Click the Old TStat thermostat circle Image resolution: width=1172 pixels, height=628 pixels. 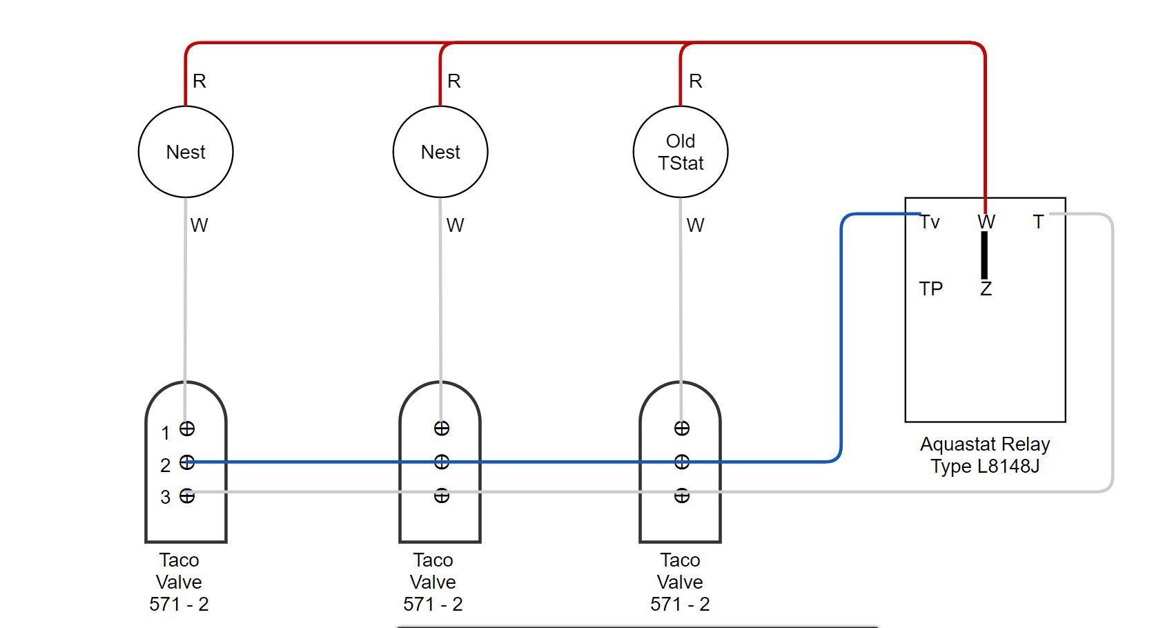pos(681,152)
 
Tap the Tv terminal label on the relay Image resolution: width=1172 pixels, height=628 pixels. pos(930,222)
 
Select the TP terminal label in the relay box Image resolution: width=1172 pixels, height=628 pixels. pos(930,288)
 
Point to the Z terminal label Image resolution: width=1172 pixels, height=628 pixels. pos(986,289)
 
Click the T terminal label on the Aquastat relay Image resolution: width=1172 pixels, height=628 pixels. pos(1038,222)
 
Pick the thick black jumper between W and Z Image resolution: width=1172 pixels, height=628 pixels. pos(984,255)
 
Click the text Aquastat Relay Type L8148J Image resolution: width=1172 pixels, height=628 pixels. pos(985,455)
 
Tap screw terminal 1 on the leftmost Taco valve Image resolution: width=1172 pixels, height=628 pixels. pos(187,429)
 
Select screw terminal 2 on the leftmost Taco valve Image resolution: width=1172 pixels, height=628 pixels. pos(187,462)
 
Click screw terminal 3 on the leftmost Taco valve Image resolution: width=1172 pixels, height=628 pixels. pos(187,495)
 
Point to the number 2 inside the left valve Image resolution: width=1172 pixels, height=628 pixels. pos(166,466)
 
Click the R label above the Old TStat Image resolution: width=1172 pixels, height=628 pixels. pos(696,81)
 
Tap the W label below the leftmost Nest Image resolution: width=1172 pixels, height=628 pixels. pos(199,226)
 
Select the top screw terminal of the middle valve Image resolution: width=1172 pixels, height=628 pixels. pos(441,429)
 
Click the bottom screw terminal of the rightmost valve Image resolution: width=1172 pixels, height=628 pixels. pos(681,495)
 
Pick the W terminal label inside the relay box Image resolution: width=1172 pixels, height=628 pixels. pos(986,222)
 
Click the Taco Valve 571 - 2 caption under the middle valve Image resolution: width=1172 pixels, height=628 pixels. pos(433,582)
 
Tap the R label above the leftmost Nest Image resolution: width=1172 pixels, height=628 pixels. pos(199,81)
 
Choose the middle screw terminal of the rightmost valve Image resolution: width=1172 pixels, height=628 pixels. pos(681,462)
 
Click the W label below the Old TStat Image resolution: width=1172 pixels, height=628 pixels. pos(695,226)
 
